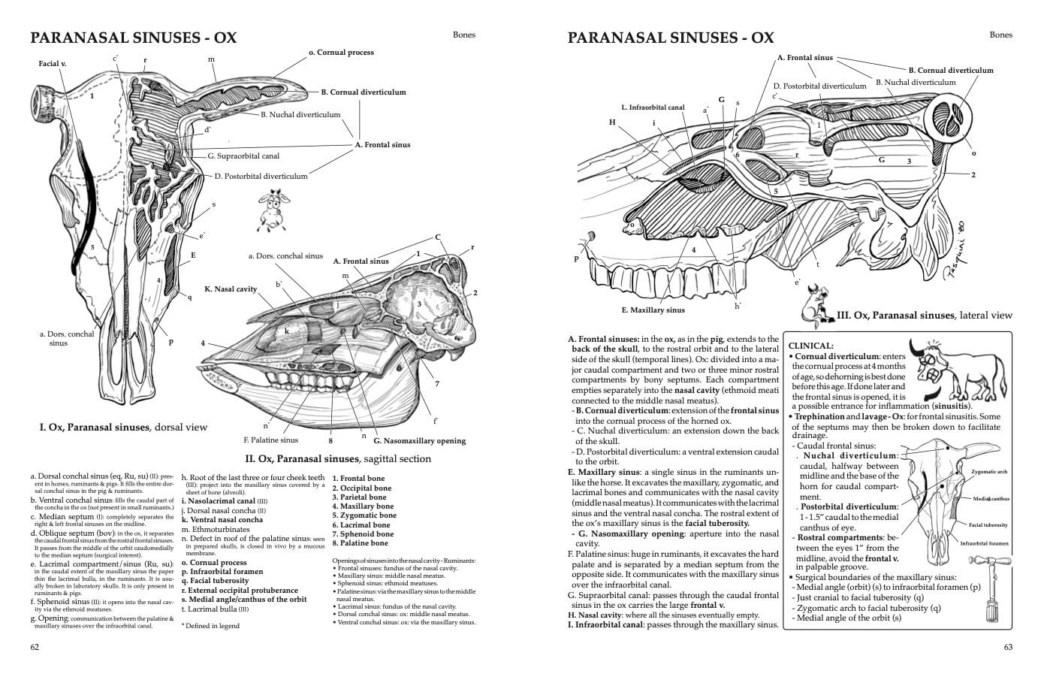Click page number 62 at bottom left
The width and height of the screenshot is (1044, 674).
[x=35, y=647]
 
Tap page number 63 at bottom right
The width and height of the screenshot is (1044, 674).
[x=1008, y=647]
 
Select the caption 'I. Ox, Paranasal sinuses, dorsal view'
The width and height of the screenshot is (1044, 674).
[x=123, y=428]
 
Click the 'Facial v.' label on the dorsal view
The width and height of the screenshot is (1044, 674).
[x=53, y=64]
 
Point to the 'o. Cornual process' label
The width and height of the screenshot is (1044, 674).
[x=341, y=53]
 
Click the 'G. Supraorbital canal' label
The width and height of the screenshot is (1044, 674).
[x=243, y=156]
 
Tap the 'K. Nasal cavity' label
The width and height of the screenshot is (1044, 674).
[x=231, y=289]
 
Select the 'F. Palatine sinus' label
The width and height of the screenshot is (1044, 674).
[x=270, y=440]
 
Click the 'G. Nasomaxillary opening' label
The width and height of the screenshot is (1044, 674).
[x=419, y=441]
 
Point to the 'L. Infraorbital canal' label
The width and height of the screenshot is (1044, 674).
[x=653, y=107]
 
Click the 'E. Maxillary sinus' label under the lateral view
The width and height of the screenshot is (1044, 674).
[x=653, y=310]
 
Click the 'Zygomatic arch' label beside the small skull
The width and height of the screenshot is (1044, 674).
[x=989, y=472]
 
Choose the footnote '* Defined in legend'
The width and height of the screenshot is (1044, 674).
[x=210, y=625]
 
